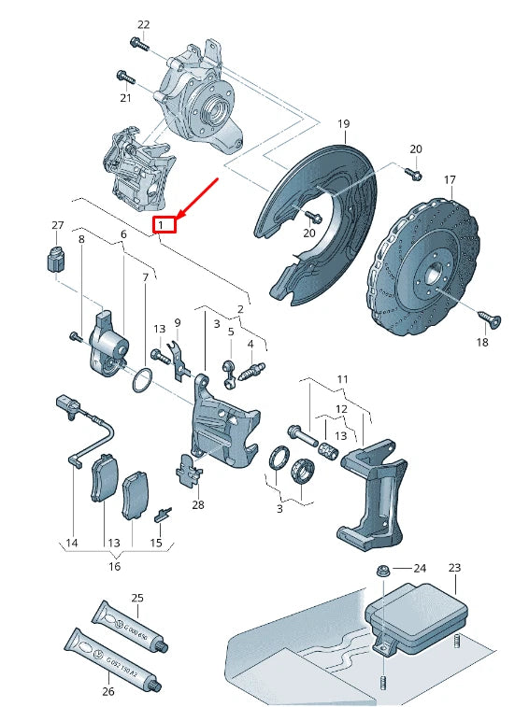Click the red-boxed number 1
click(164, 225)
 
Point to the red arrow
click(197, 198)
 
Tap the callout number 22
click(143, 24)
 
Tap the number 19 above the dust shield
click(343, 124)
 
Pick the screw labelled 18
click(486, 320)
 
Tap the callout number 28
click(197, 505)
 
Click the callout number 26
click(107, 691)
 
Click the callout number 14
click(71, 542)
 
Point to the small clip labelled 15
click(163, 512)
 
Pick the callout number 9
click(177, 322)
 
